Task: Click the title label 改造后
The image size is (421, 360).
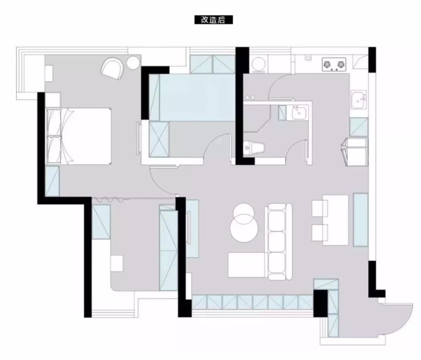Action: coord(214,20)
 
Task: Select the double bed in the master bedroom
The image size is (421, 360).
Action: coord(79,136)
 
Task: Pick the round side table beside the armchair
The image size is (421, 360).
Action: coord(133,63)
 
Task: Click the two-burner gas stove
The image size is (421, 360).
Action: coord(334,64)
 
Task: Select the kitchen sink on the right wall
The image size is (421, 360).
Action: coord(359,99)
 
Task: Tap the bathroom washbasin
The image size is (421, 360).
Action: coord(298,112)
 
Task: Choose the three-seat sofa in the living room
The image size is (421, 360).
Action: coord(278,242)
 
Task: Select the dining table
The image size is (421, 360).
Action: coord(335,220)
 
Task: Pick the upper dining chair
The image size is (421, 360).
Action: coord(320,208)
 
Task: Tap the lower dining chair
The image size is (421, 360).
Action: coord(320,233)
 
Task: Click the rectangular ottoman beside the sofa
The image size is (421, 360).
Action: coord(247,265)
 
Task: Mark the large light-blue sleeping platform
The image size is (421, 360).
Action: coord(198,97)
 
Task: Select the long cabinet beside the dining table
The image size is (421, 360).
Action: coord(361,219)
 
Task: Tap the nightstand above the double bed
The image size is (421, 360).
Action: coord(53,100)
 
